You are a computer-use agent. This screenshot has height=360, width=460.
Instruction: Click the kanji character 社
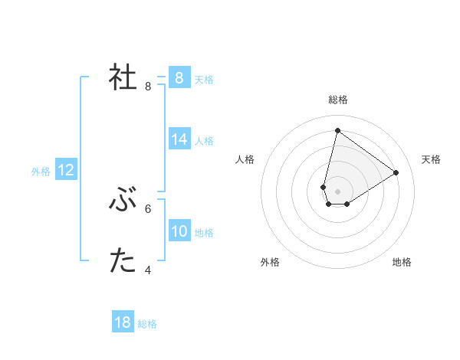point(123,77)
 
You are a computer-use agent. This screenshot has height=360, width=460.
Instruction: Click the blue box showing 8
point(179,77)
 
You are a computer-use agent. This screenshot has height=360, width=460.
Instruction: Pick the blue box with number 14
point(179,139)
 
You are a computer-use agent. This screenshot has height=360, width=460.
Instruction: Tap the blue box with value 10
point(179,231)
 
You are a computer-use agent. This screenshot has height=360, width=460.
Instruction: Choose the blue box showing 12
point(66,170)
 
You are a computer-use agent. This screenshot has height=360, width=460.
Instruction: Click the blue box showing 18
point(123,322)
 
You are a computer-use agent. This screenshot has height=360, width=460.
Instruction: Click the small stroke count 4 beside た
point(148,270)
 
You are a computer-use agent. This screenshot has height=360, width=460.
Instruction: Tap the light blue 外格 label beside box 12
point(41,172)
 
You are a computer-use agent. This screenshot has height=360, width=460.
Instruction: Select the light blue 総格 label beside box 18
point(147,324)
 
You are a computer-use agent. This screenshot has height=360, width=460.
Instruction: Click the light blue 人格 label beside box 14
point(204,141)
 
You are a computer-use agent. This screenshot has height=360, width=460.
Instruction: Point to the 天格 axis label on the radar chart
point(431,159)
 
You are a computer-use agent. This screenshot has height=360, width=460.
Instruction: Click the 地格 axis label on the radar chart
point(402,262)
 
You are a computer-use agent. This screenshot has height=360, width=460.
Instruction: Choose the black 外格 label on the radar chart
point(270,262)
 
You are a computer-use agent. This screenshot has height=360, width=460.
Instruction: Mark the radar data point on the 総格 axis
point(337,130)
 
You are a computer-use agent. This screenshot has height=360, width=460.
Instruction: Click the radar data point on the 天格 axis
point(396,172)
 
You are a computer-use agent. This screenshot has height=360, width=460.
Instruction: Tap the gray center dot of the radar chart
point(337,191)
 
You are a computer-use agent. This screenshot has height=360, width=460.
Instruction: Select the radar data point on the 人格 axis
point(324,187)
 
